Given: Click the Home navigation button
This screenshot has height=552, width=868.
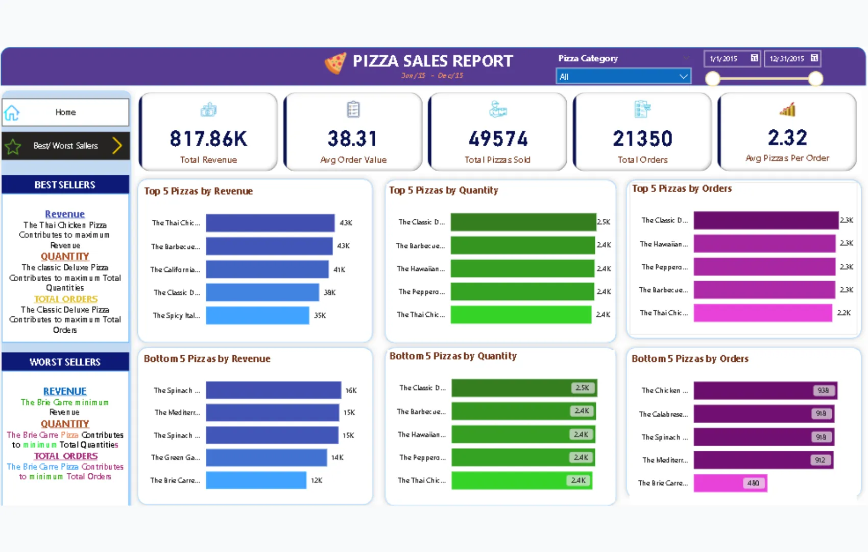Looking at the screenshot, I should [x=65, y=112].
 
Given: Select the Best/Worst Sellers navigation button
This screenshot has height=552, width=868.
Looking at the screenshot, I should [x=65, y=146].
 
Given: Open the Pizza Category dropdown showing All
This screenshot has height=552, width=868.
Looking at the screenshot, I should [x=623, y=77].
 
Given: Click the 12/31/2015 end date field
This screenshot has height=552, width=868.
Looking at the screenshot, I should [x=793, y=59].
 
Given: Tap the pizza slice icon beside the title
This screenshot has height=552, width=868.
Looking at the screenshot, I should [x=335, y=64].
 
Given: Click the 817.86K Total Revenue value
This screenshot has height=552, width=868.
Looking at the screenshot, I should [x=208, y=139].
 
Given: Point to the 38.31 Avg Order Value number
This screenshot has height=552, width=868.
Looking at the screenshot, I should [x=352, y=139].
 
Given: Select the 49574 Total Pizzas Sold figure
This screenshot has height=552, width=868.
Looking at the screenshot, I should [x=498, y=139].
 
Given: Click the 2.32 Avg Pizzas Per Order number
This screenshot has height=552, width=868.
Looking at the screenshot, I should [x=787, y=137].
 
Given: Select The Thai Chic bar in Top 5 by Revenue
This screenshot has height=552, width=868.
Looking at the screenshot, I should [x=270, y=223].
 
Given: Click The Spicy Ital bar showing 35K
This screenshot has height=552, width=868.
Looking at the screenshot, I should [x=257, y=315].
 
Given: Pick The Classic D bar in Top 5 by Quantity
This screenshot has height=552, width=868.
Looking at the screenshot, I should [x=523, y=222].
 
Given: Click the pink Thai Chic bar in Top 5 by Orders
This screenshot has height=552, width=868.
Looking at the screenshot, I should [x=762, y=313].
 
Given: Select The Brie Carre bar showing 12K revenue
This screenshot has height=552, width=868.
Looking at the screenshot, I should [x=256, y=480].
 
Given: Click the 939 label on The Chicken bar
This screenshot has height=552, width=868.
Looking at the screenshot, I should [x=823, y=390].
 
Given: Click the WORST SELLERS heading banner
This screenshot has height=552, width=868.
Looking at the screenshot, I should [x=65, y=362].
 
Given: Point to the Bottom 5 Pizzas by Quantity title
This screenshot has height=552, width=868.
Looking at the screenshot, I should [x=453, y=356].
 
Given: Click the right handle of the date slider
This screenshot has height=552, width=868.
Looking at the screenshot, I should [x=815, y=79].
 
